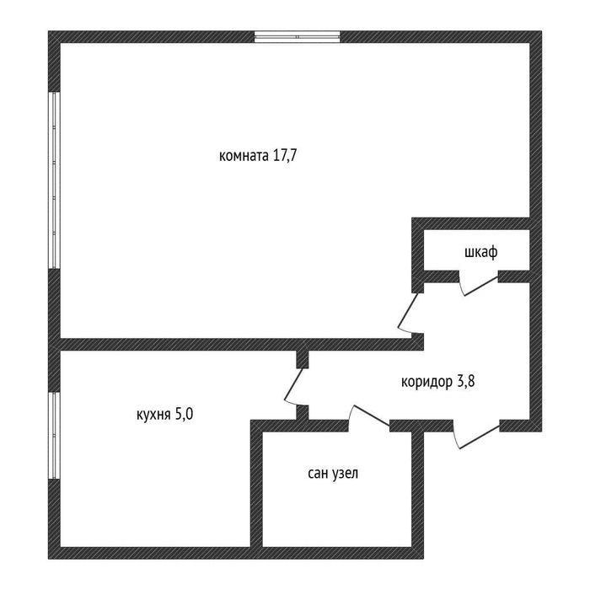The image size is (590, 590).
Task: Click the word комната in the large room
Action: (x=244, y=155)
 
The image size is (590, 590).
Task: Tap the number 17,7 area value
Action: (x=285, y=155)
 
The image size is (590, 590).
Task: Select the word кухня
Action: (x=153, y=415)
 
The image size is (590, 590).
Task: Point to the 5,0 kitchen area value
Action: (x=184, y=415)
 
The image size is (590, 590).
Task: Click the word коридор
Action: (x=426, y=383)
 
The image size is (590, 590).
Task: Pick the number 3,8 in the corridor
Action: (x=465, y=382)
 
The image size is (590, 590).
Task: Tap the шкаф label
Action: (x=481, y=252)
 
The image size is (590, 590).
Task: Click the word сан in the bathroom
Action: (x=318, y=474)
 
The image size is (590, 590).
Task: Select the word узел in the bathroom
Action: (x=345, y=474)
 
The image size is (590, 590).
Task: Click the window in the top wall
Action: (x=298, y=36)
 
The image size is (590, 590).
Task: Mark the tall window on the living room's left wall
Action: (x=54, y=180)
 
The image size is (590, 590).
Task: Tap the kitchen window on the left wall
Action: (x=54, y=436)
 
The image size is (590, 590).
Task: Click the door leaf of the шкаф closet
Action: (x=481, y=287)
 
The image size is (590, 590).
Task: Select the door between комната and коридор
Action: (x=408, y=311)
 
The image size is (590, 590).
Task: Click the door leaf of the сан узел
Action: (x=372, y=416)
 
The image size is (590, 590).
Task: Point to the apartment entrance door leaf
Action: (x=480, y=437)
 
